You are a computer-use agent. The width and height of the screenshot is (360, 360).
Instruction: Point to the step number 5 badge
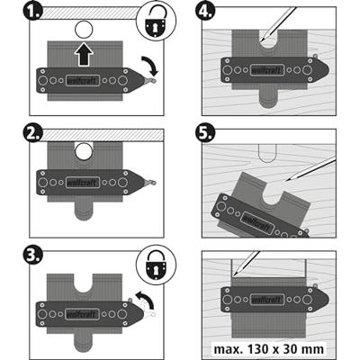(x=204, y=133)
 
